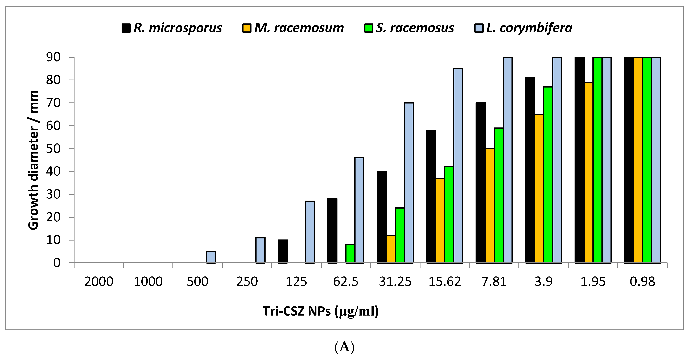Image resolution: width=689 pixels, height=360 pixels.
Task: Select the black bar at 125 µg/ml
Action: point(283,251)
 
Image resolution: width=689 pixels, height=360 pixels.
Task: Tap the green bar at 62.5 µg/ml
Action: point(350,254)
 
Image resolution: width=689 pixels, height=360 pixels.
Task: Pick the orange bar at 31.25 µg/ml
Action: point(391,249)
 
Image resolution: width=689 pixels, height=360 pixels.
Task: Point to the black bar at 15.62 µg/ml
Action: point(431,197)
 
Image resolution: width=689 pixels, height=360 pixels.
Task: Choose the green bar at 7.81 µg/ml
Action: point(499,195)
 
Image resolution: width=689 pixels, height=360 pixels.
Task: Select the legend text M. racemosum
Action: point(299,28)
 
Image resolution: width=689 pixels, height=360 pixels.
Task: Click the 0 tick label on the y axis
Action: point(57,263)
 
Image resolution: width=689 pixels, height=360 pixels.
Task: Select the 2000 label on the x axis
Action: point(99,282)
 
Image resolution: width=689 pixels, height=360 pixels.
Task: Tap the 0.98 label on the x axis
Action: point(642,282)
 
